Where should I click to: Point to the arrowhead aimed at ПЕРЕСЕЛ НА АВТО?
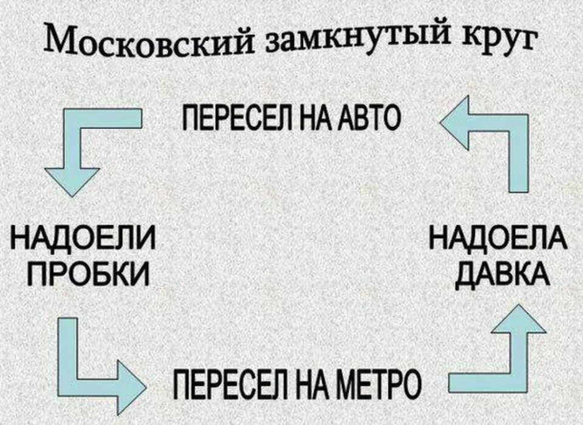coord(453,123)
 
